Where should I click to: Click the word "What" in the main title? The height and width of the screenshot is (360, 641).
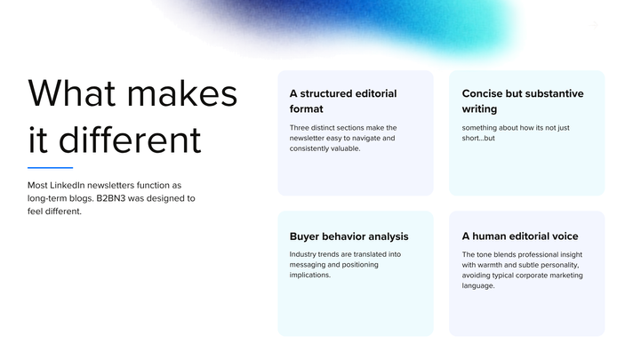coord(71,93)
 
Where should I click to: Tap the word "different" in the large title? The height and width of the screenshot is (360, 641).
coord(130,140)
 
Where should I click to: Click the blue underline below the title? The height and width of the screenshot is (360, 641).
coord(51,167)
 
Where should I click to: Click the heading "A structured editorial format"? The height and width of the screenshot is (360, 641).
coord(343,101)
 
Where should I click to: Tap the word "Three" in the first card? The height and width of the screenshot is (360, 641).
coord(300,127)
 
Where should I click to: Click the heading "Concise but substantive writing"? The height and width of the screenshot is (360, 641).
coord(523,101)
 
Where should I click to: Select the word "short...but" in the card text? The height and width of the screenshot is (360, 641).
coord(478,138)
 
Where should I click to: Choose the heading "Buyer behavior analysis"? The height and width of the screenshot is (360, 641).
coord(349,236)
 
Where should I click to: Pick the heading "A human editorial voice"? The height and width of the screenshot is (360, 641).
coord(520,236)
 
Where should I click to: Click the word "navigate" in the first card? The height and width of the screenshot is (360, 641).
coord(367,138)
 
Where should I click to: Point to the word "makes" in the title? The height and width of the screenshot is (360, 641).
coord(182,93)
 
